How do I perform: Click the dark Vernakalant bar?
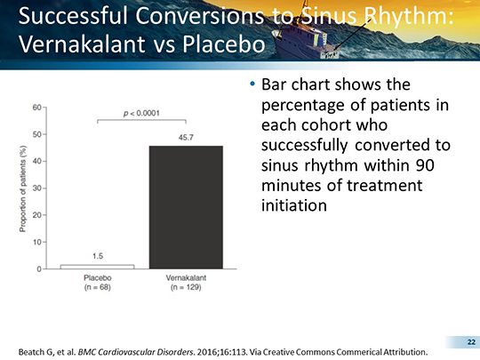186,207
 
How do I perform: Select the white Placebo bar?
98,267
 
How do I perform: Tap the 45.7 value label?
186,138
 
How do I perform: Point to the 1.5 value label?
98,256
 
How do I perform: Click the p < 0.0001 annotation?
141,113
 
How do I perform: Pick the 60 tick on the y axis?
36,108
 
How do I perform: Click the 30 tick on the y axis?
36,188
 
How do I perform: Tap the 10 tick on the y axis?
36,242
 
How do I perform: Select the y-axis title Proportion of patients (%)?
22,188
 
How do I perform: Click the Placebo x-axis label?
98,277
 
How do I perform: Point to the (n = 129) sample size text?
186,287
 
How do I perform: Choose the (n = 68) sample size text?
98,287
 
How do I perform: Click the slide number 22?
471,342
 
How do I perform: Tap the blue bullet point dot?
252,84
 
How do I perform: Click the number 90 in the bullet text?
425,165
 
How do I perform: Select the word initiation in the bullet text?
294,205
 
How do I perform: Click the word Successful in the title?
73,16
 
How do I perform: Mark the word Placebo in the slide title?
224,44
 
